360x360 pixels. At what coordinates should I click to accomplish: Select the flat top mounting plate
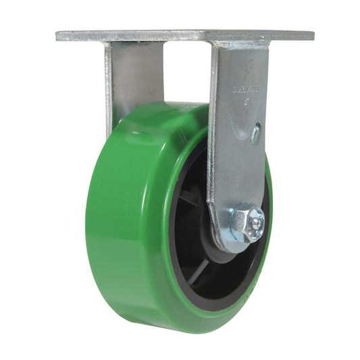[182, 34]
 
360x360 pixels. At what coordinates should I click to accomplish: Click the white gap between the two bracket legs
[186, 74]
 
